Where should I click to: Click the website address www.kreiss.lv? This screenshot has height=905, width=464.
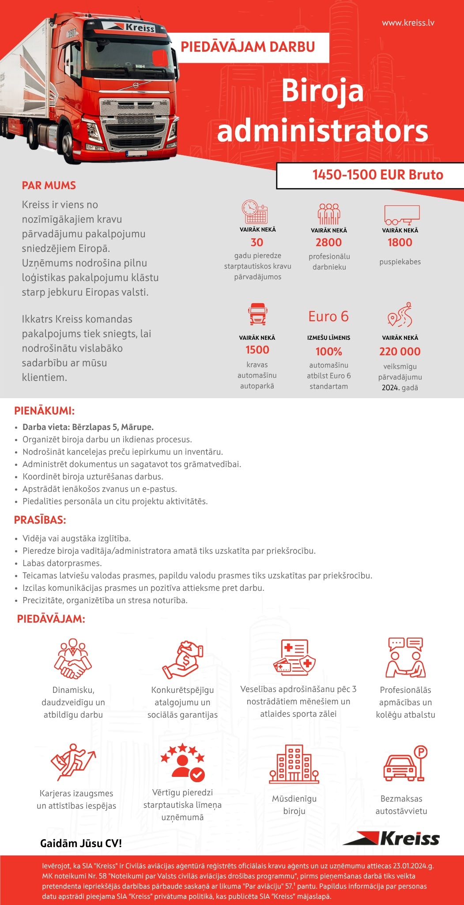[408, 23]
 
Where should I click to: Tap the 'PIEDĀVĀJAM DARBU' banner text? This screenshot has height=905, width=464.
[248, 47]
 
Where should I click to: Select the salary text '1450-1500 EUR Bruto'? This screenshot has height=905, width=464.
[377, 175]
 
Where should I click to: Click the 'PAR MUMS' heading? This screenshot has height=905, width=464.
[49, 185]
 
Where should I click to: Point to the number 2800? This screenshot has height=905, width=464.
[328, 242]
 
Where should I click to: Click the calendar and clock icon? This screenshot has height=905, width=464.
[255, 212]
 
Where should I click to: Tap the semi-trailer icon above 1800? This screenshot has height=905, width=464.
[401, 215]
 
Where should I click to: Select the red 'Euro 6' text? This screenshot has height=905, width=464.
[328, 316]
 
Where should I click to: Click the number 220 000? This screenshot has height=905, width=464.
[400, 351]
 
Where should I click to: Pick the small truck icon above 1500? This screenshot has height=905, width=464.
[257, 314]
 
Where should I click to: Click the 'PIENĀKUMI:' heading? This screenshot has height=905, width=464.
[44, 411]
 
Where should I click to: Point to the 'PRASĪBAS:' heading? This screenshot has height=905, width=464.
[40, 520]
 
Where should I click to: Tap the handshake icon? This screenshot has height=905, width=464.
[73, 659]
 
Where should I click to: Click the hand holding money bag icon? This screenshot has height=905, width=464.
[183, 660]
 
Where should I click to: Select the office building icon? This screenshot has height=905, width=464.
[294, 764]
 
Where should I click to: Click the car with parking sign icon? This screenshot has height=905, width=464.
[405, 763]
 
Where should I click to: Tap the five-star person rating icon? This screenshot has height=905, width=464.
[183, 762]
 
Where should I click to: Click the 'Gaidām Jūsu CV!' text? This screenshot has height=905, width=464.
[81, 843]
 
